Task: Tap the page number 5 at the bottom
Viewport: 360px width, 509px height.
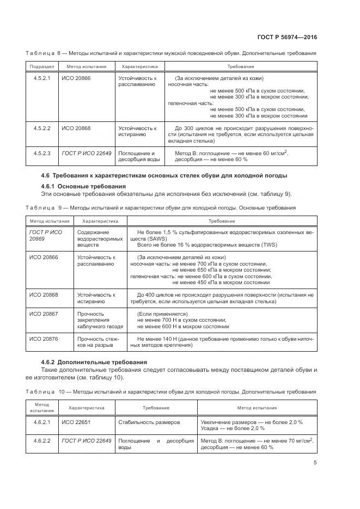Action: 315,463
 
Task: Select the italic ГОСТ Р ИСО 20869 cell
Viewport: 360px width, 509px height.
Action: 45,235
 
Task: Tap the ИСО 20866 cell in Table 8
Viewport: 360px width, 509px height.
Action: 76,78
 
